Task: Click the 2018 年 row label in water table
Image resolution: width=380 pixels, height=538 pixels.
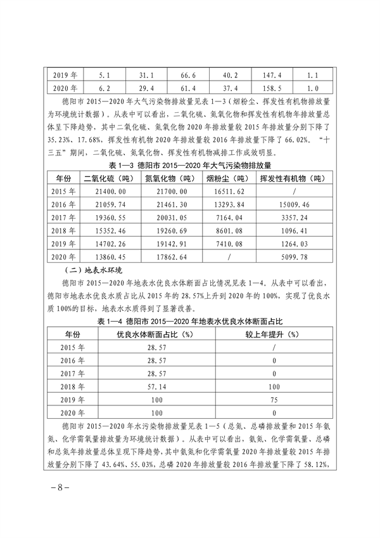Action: point(68,384)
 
